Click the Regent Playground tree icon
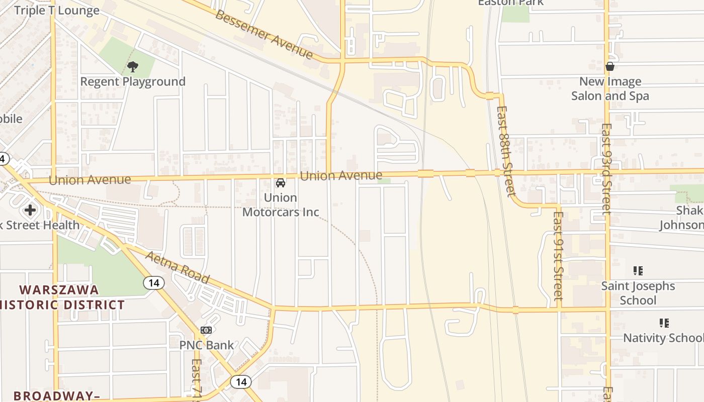[x=133, y=66]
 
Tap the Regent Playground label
[x=133, y=81]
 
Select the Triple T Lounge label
[x=57, y=10]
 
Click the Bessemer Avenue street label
[x=264, y=34]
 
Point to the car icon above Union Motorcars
[x=281, y=183]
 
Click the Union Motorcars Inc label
[x=281, y=205]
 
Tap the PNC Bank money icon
[x=206, y=330]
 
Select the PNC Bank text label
[x=207, y=345]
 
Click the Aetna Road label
[x=177, y=267]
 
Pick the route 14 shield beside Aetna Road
[x=154, y=283]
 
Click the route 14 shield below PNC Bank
[x=241, y=382]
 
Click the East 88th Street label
[x=506, y=151]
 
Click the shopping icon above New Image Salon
[x=610, y=66]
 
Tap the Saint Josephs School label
[x=638, y=293]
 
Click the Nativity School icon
[x=664, y=323]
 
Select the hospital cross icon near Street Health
[x=30, y=210]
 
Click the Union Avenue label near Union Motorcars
[x=341, y=175]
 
